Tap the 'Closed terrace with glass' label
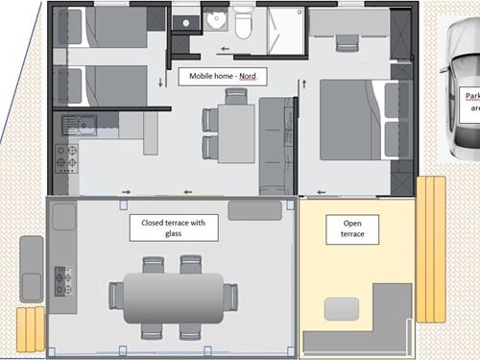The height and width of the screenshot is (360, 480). [174, 228]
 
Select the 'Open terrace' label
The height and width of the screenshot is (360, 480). [351, 228]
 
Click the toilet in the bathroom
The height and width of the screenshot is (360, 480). [245, 24]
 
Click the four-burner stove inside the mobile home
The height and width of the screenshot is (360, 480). [67, 157]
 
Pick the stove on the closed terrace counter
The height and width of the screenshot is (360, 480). [64, 281]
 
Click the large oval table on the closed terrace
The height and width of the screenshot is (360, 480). [172, 297]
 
